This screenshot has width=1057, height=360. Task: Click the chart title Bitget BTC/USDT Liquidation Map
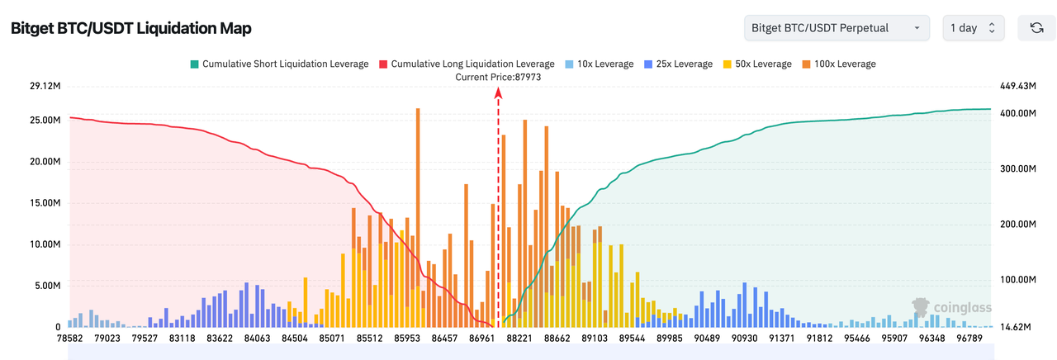click(x=131, y=28)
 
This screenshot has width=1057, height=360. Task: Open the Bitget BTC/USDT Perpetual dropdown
click(x=836, y=28)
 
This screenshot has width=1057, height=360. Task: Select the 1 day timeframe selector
click(x=974, y=28)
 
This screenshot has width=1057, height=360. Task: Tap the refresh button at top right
click(x=1036, y=28)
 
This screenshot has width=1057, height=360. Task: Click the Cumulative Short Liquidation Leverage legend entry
click(x=279, y=64)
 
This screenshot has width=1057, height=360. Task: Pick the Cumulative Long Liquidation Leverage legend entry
click(x=467, y=64)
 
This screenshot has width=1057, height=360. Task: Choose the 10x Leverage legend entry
click(x=600, y=64)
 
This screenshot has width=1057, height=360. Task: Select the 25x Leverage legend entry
click(x=679, y=64)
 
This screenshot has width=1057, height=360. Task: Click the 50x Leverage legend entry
click(x=756, y=64)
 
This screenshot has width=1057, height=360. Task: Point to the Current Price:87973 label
click(x=498, y=77)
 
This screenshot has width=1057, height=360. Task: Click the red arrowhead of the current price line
click(x=498, y=92)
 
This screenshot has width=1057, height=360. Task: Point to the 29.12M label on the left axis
click(x=45, y=86)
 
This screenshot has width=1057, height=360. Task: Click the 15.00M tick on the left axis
click(x=45, y=203)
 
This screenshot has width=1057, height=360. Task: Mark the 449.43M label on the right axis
click(x=1017, y=86)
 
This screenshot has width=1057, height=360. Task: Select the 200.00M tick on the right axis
click(x=1017, y=225)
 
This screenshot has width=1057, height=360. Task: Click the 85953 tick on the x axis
click(x=406, y=338)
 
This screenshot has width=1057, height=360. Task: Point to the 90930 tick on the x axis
click(x=744, y=338)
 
